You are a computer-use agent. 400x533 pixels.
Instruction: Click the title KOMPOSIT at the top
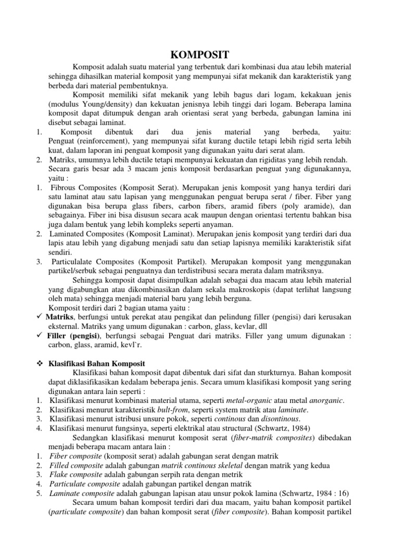click(x=200, y=55)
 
